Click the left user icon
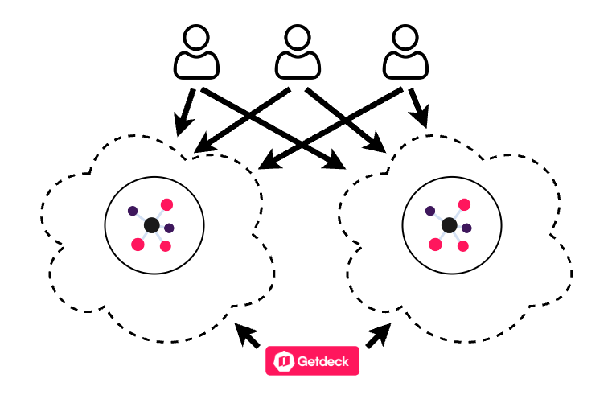(196, 51)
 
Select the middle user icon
(298, 51)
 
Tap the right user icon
(405, 51)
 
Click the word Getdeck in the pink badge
(322, 361)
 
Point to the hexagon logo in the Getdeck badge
(284, 361)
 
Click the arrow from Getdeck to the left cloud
(246, 335)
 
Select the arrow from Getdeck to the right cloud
(379, 335)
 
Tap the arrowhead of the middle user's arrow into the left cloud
(203, 146)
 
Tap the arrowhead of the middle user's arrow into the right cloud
(376, 143)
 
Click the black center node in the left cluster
(152, 225)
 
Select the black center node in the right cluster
(450, 225)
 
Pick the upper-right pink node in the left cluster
(166, 204)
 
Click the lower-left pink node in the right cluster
(435, 245)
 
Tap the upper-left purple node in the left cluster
(133, 211)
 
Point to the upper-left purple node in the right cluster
(430, 211)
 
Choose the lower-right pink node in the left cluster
(166, 246)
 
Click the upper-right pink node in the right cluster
(464, 204)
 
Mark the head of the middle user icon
(298, 38)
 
